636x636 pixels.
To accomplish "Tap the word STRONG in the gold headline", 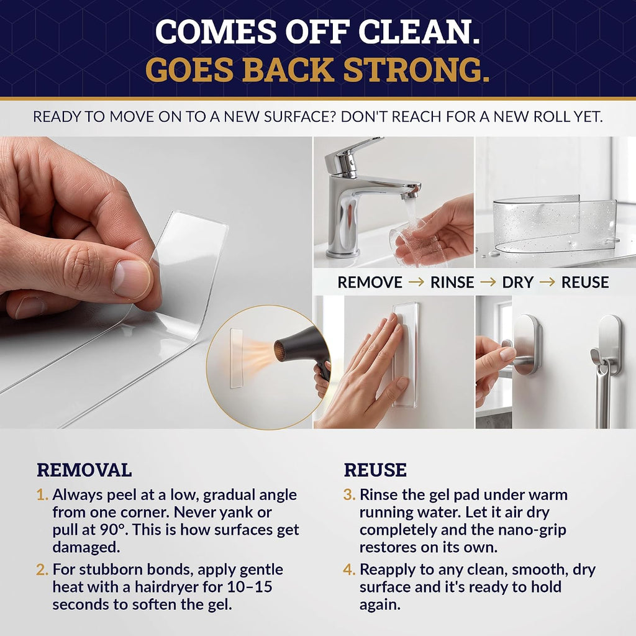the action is point(416,70).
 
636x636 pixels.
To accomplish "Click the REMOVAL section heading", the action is point(84,470).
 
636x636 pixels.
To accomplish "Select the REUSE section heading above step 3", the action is point(375,470).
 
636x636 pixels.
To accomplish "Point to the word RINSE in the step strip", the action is point(452,283).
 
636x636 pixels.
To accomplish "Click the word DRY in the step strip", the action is point(517,283).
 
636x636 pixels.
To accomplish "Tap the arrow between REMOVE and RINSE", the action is point(416,282).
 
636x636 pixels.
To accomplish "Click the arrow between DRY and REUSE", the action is point(547,282).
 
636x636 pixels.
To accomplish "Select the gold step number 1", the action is point(42,495).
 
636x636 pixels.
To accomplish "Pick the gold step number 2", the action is point(42,570).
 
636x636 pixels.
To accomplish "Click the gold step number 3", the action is point(349,495).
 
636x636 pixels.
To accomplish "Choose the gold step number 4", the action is point(349,570).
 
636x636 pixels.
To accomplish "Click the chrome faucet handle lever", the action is point(353,151).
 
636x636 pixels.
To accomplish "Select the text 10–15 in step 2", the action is point(250,587).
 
